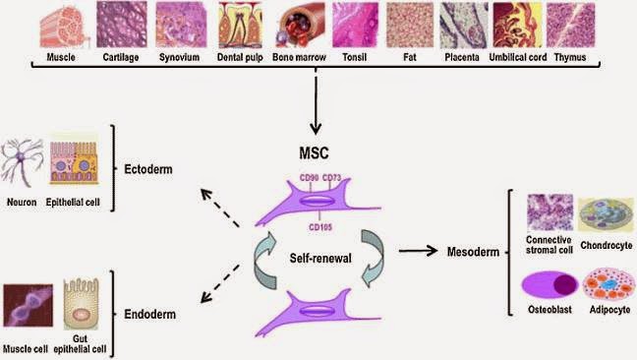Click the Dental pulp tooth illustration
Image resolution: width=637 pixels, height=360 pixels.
(240, 25)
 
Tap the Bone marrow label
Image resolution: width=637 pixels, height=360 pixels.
(299, 57)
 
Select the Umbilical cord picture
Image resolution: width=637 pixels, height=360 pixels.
(517, 25)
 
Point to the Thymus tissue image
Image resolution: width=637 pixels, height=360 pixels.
(570, 25)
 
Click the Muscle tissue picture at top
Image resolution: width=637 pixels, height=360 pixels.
(63, 26)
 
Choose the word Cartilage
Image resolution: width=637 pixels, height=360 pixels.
(121, 57)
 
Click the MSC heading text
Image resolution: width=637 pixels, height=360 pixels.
(314, 153)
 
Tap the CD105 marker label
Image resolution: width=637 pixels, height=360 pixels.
(320, 227)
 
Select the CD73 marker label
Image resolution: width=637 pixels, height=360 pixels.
(331, 178)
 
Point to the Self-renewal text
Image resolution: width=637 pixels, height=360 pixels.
(320, 258)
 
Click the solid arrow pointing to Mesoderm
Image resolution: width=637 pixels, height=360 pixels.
(418, 251)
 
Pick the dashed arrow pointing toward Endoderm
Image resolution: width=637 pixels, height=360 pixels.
(220, 283)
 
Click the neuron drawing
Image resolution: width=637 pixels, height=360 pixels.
(22, 161)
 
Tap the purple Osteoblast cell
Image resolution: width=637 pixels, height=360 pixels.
(550, 284)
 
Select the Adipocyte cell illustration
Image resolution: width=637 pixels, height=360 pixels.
(608, 284)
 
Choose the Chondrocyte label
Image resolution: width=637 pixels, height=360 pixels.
(607, 246)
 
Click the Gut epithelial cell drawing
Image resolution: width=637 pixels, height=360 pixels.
(81, 303)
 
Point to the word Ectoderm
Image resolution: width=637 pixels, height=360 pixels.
(148, 169)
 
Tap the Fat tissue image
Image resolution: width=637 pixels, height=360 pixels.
(410, 26)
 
